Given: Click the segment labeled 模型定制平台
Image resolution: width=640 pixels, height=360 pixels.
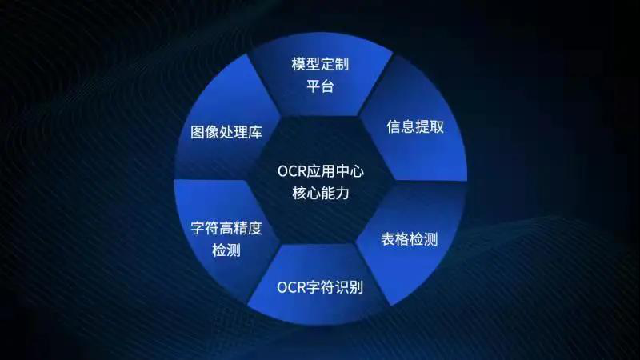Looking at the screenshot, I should (320, 74).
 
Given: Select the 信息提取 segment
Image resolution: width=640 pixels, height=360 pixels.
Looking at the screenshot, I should (414, 128).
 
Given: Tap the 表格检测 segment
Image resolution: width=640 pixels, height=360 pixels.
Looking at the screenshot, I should (408, 240).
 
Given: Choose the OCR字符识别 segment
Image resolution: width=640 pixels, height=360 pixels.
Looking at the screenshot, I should (320, 286).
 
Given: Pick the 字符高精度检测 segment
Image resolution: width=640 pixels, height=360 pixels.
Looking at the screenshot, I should (226, 238).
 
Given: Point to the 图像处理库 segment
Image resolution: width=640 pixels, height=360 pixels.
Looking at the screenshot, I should (226, 130).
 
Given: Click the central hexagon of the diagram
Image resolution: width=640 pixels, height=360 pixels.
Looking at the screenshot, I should (320, 182).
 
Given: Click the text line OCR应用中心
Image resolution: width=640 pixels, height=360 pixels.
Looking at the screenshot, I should (320, 171).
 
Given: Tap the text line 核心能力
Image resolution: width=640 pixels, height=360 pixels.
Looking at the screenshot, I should (320, 193).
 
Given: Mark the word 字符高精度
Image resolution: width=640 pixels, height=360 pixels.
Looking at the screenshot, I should (226, 228).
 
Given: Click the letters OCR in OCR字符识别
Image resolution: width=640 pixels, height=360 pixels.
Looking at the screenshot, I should (290, 286).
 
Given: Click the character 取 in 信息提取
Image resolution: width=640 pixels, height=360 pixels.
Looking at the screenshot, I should (435, 128).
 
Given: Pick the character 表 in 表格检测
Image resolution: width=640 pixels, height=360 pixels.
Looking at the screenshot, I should (388, 240).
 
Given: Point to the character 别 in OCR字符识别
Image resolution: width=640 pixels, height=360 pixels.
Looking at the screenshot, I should (355, 286).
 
